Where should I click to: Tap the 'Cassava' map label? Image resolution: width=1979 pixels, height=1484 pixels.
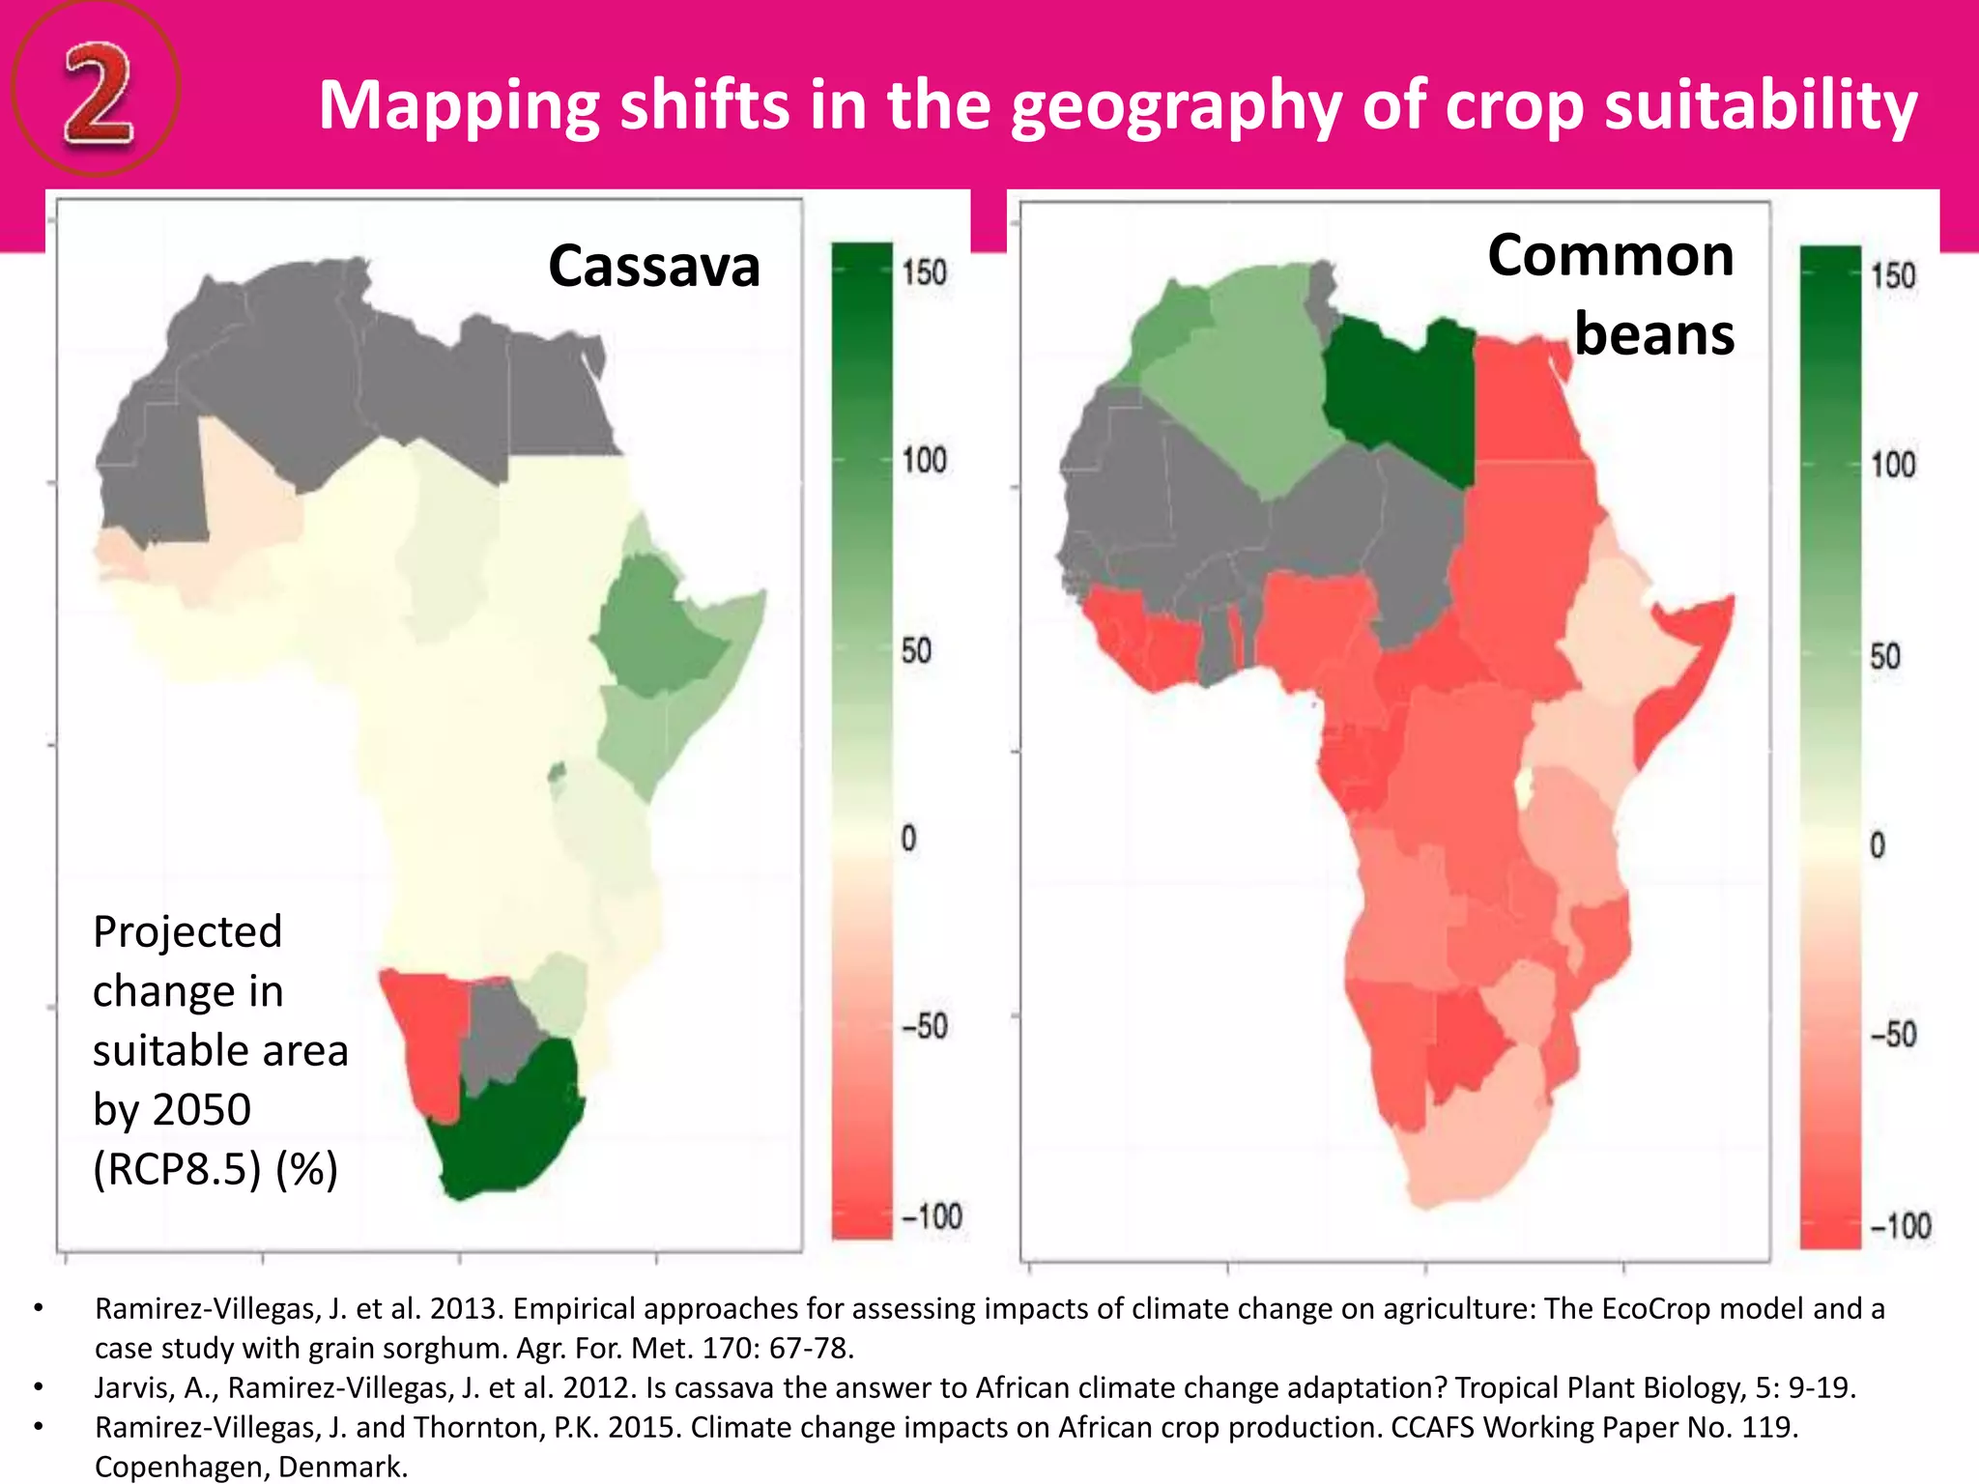point(654,266)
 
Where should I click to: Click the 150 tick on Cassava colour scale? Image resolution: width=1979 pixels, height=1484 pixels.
point(924,273)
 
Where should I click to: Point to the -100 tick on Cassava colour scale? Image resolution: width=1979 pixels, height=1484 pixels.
point(932,1216)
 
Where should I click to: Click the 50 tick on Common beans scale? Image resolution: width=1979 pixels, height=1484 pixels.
point(1884,657)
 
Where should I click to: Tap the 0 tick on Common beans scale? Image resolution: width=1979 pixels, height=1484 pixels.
point(1877,845)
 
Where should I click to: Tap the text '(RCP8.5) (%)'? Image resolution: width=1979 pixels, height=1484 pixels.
point(215,1169)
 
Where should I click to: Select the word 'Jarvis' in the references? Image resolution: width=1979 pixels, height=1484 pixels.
point(135,1387)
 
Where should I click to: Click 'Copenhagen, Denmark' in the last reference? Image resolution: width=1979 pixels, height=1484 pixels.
point(251,1467)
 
